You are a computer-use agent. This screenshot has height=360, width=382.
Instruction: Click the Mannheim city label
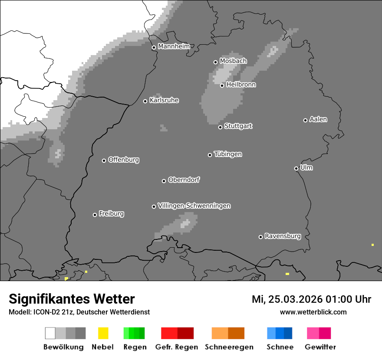(x=174, y=46)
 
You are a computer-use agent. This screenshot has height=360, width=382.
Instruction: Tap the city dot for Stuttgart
(x=221, y=127)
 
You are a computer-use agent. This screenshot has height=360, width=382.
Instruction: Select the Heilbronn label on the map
(x=241, y=85)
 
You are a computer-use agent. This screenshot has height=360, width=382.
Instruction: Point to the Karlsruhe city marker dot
(x=145, y=101)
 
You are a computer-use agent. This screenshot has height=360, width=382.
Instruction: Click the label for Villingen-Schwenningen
(x=194, y=206)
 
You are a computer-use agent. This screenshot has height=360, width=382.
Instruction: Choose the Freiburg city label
(x=111, y=213)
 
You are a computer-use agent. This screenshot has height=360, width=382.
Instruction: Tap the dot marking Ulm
(x=296, y=168)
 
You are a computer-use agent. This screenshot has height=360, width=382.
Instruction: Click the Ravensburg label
(x=283, y=236)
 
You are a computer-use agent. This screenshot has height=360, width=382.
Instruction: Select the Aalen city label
(x=318, y=119)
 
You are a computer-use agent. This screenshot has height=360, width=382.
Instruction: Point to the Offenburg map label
(x=123, y=160)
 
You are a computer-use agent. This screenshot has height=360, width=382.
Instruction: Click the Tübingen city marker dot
(x=210, y=155)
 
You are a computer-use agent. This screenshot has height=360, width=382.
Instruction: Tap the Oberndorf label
(x=184, y=180)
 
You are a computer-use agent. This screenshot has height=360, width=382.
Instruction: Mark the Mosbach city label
(x=233, y=61)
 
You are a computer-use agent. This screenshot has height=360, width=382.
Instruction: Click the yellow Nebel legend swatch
(x=103, y=333)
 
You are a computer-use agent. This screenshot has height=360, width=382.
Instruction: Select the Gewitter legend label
(x=320, y=347)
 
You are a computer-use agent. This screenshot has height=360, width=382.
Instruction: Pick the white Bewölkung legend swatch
(x=50, y=333)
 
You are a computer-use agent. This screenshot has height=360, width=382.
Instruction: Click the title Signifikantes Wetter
(x=72, y=299)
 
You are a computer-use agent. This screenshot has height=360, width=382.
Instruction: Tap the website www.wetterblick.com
(x=313, y=312)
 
